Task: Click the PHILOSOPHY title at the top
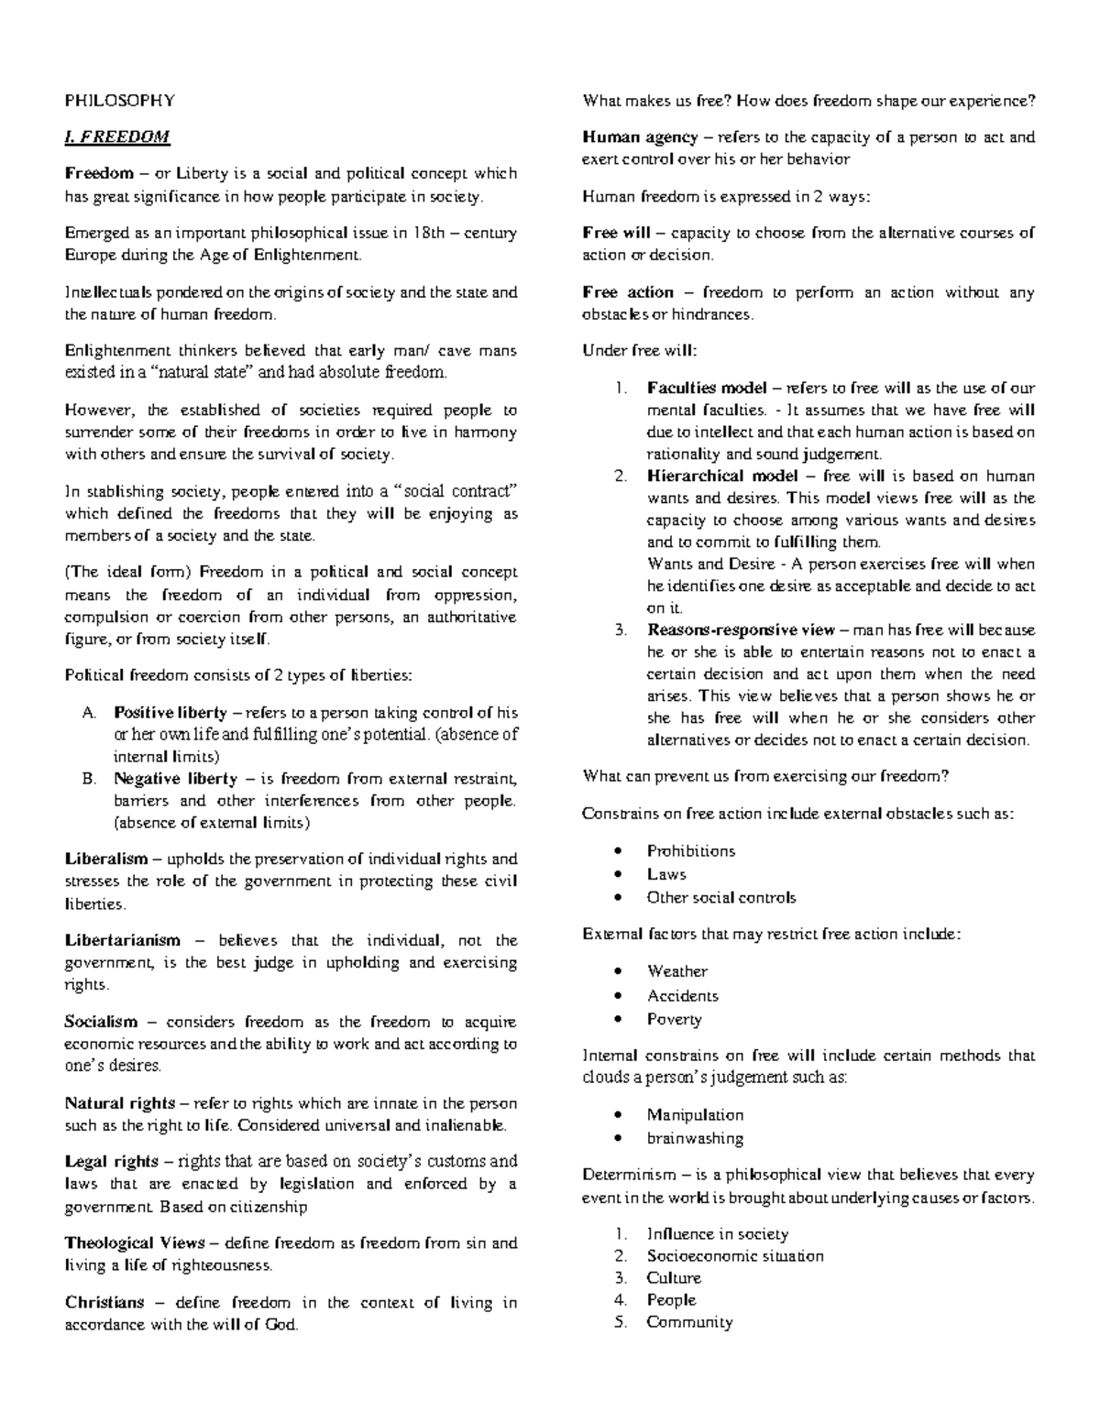[x=118, y=101]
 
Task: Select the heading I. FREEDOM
[x=116, y=137]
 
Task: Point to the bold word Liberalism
[x=106, y=859]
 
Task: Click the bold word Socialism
[x=101, y=1022]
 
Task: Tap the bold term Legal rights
[x=112, y=1162]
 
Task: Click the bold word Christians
[x=104, y=1302]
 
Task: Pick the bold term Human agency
[x=640, y=137]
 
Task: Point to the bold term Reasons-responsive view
[x=741, y=630]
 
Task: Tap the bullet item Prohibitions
[x=690, y=851]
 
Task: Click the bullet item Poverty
[x=674, y=1019]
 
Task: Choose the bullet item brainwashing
[x=695, y=1138]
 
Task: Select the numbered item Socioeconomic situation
[x=734, y=1256]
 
